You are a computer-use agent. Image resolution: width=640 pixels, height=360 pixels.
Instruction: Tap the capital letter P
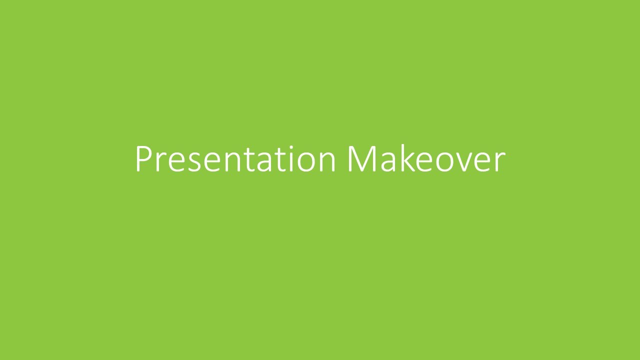click(143, 159)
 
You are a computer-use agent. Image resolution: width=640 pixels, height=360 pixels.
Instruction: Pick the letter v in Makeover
click(466, 162)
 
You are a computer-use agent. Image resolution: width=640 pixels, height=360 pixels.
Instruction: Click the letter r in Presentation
click(160, 162)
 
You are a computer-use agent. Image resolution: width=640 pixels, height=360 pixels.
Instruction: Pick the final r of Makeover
click(500, 162)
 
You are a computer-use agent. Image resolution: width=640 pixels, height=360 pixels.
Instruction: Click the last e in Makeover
click(483, 162)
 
